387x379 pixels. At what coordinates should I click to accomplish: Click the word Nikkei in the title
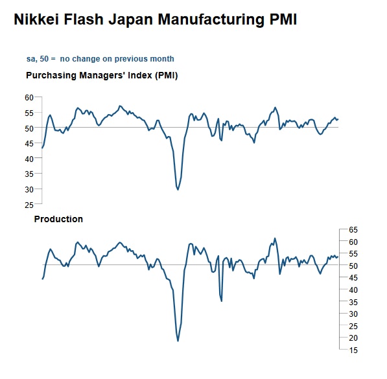[36, 19]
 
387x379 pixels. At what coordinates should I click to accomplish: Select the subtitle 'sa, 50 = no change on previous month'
[100, 59]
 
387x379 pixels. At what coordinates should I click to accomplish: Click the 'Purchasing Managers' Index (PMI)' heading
[102, 75]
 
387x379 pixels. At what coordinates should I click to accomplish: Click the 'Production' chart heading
[58, 219]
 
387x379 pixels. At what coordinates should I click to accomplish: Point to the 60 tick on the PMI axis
[29, 97]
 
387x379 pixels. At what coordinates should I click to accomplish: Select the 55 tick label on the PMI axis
[29, 113]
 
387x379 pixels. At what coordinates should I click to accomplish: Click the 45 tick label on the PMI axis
[29, 143]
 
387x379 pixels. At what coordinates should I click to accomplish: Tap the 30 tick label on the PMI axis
[29, 189]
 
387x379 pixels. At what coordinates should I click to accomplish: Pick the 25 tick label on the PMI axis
[29, 205]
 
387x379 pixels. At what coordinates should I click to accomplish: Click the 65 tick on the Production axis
[353, 229]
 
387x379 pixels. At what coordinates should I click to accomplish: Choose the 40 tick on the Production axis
[353, 290]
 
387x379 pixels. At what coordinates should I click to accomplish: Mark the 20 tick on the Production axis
[353, 338]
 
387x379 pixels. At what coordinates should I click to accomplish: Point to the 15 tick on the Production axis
[353, 350]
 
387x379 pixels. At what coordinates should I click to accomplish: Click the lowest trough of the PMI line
[178, 189]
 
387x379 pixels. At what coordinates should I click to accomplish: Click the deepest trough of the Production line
[178, 341]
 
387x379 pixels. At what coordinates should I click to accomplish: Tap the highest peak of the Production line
[275, 238]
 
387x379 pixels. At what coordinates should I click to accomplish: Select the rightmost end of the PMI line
[338, 119]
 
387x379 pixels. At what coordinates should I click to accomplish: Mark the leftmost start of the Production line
[42, 279]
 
